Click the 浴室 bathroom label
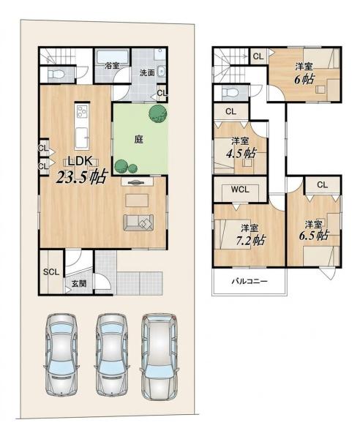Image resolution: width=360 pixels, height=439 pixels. [x=112, y=66]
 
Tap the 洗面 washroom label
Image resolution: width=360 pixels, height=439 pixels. [x=147, y=72]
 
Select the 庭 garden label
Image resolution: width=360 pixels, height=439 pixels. [x=139, y=139]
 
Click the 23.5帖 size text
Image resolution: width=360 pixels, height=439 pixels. [x=82, y=176]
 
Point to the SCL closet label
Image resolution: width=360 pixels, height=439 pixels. [x=51, y=271]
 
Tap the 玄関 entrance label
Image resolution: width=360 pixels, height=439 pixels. [x=79, y=284]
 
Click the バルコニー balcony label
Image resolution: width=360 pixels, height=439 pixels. [x=249, y=281]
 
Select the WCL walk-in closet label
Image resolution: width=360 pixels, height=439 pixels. [x=240, y=190]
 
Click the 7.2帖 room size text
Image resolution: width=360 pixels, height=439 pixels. [x=250, y=240]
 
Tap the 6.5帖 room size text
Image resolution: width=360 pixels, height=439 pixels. [x=313, y=236]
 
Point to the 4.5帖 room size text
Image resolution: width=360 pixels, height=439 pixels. [x=241, y=154]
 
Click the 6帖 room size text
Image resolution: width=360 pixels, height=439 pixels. [x=304, y=79]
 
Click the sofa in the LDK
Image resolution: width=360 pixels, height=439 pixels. [x=138, y=222]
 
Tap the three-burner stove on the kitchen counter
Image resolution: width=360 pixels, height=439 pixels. [x=82, y=111]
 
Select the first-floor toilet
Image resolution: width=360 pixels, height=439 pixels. [x=56, y=75]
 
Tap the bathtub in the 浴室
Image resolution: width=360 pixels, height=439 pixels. [x=112, y=57]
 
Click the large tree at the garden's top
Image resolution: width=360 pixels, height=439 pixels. [x=157, y=113]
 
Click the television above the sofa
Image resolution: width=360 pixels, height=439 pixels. [x=137, y=182]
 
